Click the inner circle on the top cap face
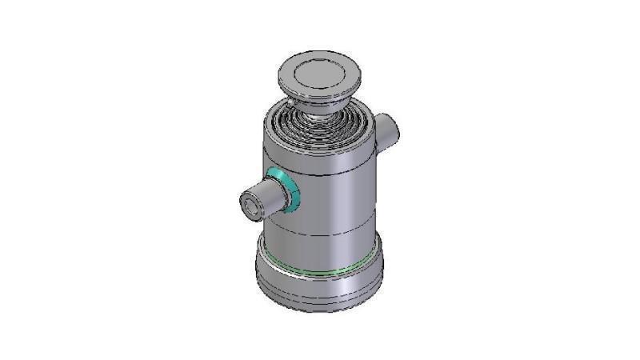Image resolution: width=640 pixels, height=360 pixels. (319, 74)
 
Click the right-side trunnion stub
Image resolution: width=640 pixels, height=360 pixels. (386, 132)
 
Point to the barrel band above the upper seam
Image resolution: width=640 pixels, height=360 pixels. (320, 158)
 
